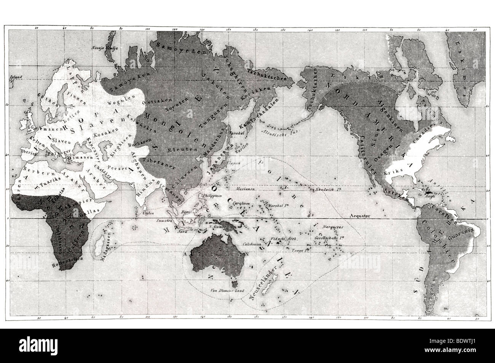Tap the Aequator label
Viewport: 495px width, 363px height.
pyautogui.click(x=360, y=216)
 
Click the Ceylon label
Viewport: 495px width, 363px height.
pyautogui.click(x=148, y=213)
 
